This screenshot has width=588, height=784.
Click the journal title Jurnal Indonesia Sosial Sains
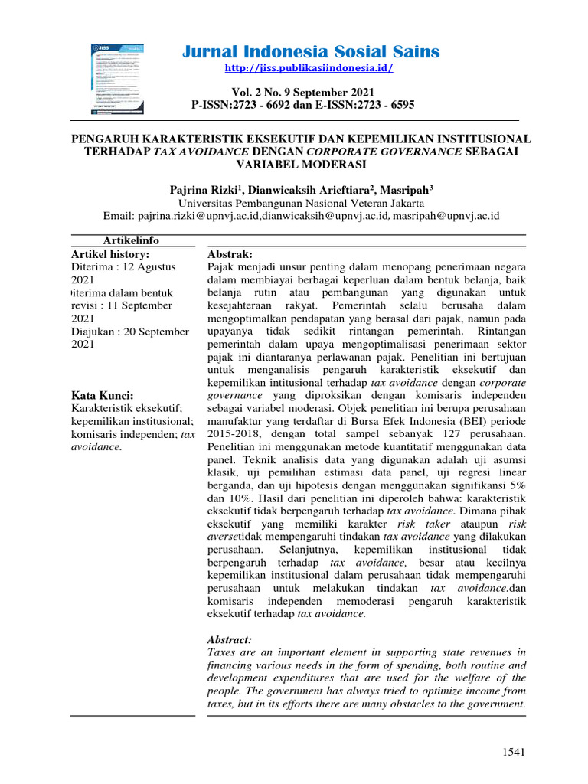tap(311, 52)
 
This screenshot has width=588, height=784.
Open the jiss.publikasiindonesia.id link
tap(309, 69)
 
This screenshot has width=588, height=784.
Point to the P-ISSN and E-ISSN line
tap(302, 105)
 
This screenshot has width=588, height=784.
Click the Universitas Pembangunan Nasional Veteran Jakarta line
tap(302, 203)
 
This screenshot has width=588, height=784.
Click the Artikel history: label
tap(110, 253)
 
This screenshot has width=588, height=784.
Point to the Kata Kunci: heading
tap(102, 395)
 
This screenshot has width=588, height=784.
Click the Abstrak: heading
tap(230, 253)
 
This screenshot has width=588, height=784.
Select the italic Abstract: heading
tap(230, 639)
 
